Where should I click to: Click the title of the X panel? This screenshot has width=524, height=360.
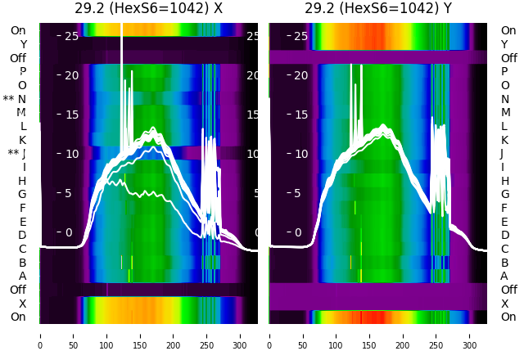tap(149, 9)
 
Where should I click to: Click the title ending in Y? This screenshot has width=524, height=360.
tap(379, 9)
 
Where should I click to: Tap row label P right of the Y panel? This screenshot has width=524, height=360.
tap(505, 71)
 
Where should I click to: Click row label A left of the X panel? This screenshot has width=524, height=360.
tap(22, 276)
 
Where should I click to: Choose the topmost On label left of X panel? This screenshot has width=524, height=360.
tap(18, 30)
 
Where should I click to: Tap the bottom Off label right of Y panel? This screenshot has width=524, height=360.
tap(508, 290)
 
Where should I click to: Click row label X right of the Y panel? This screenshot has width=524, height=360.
tap(505, 304)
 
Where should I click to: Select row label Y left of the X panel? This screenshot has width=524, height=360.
tap(23, 44)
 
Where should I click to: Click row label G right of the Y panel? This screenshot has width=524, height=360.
tap(505, 194)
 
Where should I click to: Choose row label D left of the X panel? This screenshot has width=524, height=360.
tap(22, 235)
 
